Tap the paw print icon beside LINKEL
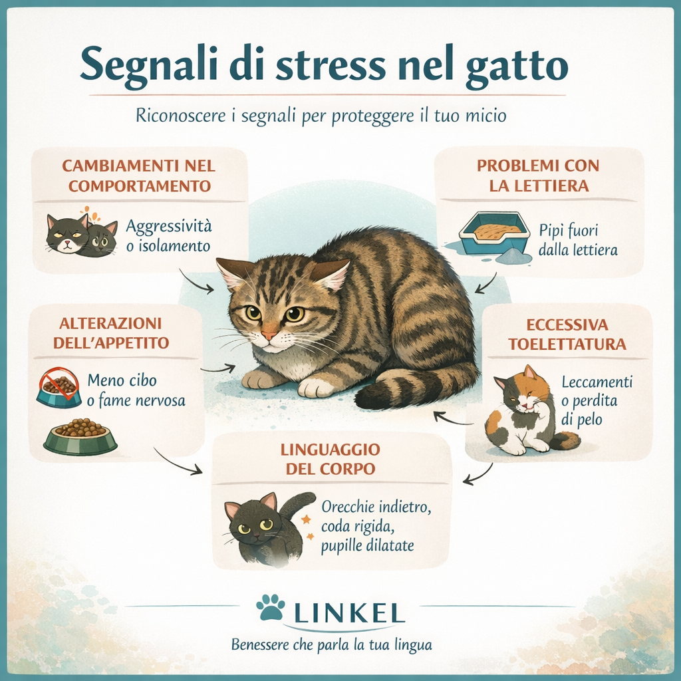point(270,607)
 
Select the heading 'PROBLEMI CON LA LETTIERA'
point(538,176)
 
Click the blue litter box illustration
point(493,233)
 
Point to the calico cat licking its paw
point(525,412)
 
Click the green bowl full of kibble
point(80,436)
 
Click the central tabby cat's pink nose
point(269,334)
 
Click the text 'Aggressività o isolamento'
point(168,236)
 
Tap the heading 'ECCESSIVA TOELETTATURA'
point(567,335)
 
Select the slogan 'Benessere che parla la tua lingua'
point(331,644)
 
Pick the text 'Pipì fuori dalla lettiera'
point(588,240)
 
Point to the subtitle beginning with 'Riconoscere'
point(321,116)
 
